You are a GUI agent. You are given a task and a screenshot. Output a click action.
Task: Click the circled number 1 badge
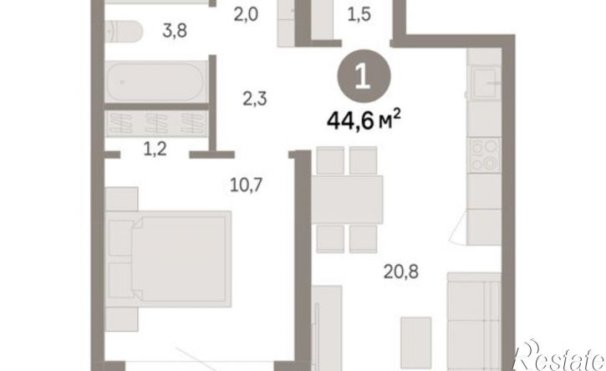364,76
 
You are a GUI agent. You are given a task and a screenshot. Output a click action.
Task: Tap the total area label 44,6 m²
364,120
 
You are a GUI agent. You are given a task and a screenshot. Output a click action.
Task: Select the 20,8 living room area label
400,272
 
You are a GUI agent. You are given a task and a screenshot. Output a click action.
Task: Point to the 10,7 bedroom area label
247,185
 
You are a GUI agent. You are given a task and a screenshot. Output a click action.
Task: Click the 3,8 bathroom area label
175,30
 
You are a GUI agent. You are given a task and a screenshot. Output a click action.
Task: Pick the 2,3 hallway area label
255,99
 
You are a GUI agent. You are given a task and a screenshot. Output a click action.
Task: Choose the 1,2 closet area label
155,149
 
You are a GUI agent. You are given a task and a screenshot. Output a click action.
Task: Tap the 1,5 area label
359,14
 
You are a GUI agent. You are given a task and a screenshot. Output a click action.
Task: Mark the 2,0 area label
246,15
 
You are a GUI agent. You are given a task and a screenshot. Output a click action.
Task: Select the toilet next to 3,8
124,31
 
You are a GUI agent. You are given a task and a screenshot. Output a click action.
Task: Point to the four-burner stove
484,155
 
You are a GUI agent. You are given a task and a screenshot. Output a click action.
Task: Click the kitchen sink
483,83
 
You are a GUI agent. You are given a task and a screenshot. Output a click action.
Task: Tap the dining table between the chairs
348,200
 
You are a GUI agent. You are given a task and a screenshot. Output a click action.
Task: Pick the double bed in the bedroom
168,259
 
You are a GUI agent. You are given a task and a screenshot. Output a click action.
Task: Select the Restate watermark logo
558,355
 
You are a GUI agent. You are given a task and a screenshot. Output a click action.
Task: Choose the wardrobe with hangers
156,124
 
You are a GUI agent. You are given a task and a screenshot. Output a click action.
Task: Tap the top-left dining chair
330,160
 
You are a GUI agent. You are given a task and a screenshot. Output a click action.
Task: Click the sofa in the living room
474,322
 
